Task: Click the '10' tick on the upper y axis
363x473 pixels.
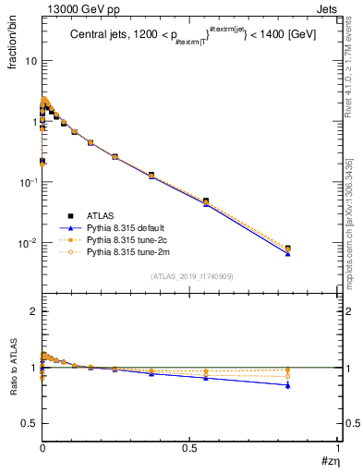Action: point(30,61)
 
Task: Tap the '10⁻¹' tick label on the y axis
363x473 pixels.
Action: point(28,183)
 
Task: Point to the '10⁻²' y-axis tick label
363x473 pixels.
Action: point(28,244)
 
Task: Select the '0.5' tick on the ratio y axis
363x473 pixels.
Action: point(29,423)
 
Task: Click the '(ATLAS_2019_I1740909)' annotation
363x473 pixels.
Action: point(190,276)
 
